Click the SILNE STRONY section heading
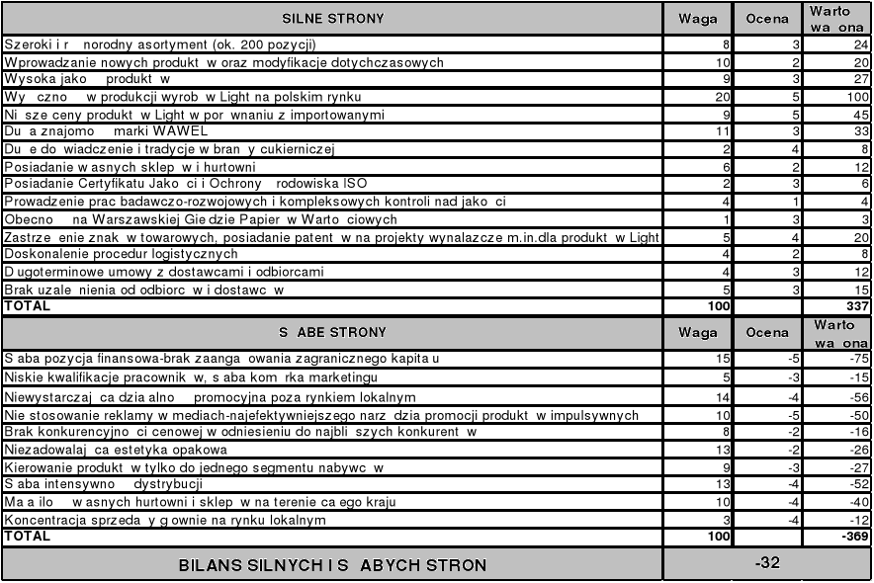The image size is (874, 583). (x=332, y=19)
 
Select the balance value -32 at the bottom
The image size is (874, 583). (x=768, y=562)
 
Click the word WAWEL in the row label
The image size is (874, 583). (x=179, y=131)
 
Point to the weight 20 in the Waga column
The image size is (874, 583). (x=721, y=97)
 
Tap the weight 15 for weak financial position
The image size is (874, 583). (x=721, y=358)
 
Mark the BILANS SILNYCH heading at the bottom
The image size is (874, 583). (x=332, y=565)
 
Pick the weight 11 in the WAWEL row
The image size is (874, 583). (x=721, y=131)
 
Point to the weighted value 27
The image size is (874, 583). (x=857, y=79)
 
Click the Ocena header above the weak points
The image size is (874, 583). (x=768, y=333)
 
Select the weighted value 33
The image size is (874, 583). (x=857, y=131)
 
